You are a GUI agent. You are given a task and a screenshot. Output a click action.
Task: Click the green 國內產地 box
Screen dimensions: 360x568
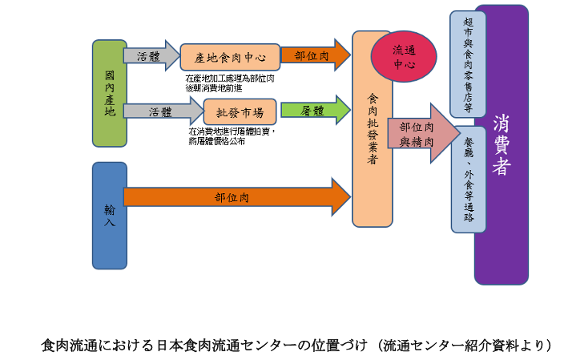pyautogui.click(x=110, y=93)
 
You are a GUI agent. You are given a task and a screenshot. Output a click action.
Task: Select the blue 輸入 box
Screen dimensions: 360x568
pyautogui.click(x=110, y=215)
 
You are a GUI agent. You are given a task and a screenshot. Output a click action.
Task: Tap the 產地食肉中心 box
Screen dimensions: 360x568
pyautogui.click(x=230, y=57)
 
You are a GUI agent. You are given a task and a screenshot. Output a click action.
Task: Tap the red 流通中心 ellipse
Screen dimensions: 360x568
pyautogui.click(x=404, y=56)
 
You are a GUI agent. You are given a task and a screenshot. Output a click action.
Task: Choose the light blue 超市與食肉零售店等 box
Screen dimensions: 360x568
pyautogui.click(x=468, y=63)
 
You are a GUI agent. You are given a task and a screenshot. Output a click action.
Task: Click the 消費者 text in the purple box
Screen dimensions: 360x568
pyautogui.click(x=502, y=145)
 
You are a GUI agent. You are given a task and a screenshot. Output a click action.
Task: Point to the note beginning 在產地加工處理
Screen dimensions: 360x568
pyautogui.click(x=230, y=83)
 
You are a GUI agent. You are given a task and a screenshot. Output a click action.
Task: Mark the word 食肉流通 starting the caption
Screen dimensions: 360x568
pyautogui.click(x=66, y=346)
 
